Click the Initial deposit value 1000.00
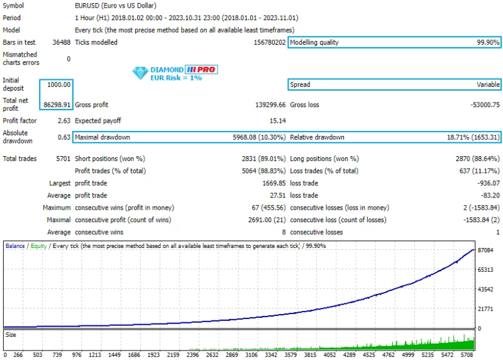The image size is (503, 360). coord(59,84)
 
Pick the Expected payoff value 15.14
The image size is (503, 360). coord(277,121)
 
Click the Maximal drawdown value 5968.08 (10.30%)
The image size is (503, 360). coord(258,137)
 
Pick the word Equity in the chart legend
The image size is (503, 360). coord(37,246)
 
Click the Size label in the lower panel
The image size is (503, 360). coord(11,335)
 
